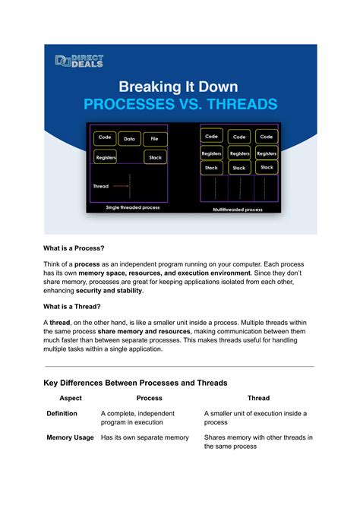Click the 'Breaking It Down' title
click(x=180, y=87)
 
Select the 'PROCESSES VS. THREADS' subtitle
click(x=180, y=104)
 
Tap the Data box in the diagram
click(x=130, y=139)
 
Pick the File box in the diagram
click(x=155, y=139)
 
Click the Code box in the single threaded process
click(x=105, y=138)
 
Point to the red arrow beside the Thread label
click(x=121, y=186)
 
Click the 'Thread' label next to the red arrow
click(x=101, y=186)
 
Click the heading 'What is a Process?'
click(x=74, y=248)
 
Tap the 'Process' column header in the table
click(x=149, y=398)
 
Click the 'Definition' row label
click(x=62, y=413)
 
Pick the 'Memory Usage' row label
click(x=70, y=437)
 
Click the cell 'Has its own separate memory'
click(x=145, y=437)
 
